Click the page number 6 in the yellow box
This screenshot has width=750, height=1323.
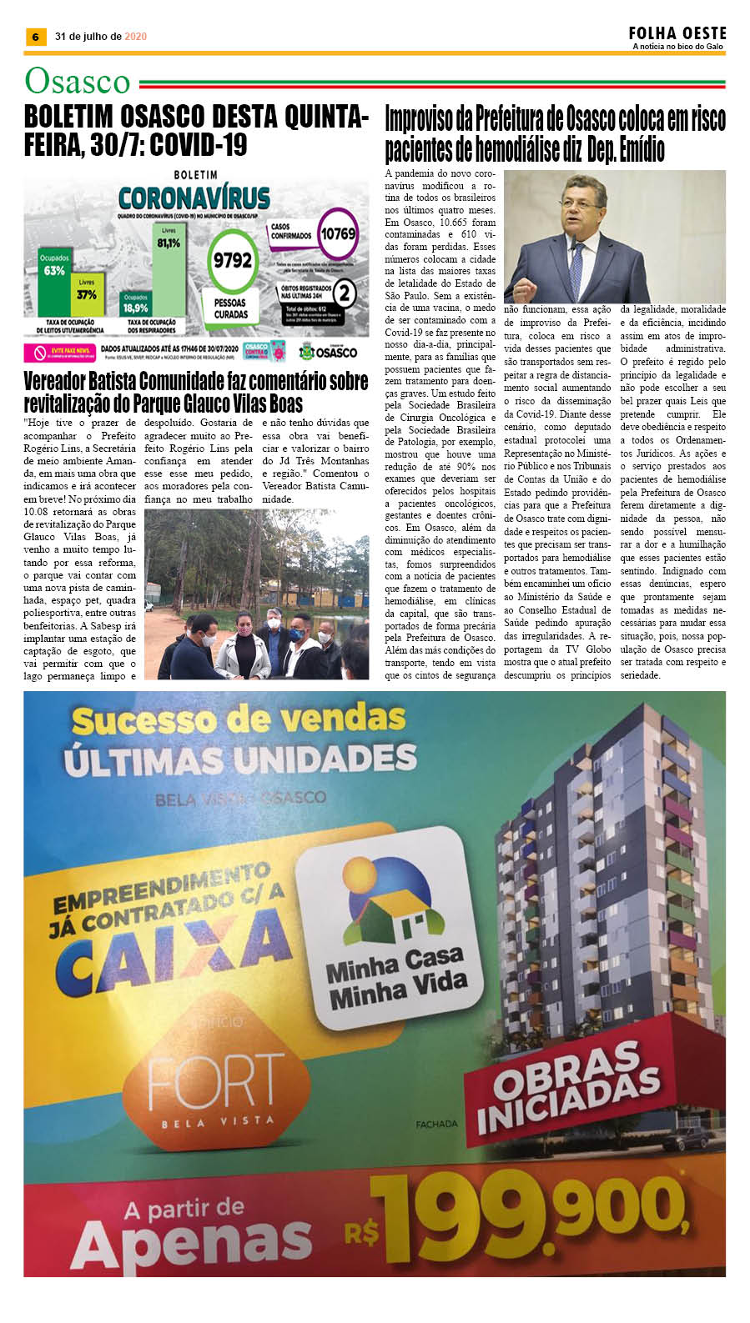(35, 37)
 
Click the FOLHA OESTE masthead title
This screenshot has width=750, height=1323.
(677, 33)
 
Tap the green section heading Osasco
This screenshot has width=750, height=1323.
(78, 82)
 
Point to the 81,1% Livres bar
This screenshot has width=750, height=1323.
(169, 267)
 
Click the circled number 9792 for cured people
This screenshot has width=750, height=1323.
(232, 259)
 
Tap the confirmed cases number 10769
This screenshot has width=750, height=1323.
(338, 234)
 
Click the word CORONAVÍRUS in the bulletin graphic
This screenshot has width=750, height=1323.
(194, 198)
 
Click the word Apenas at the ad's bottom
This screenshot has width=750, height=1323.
(192, 1246)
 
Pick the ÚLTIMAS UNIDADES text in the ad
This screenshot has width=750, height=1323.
(240, 759)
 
